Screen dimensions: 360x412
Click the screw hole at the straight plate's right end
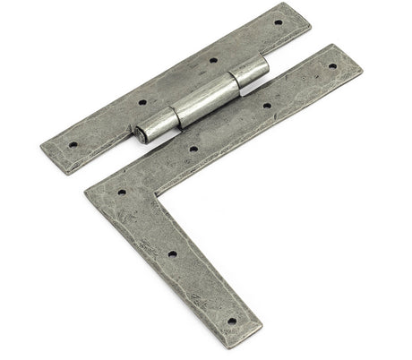[278, 22]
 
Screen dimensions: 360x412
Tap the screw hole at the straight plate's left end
[73, 142]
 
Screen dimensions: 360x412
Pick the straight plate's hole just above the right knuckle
[213, 61]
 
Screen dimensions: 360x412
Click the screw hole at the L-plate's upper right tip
[332, 65]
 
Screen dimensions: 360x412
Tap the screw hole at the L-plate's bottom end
[231, 320]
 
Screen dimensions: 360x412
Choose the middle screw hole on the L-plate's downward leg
[172, 253]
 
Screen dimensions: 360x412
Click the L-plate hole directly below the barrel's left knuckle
[193, 149]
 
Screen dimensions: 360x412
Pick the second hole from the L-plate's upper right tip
[266, 106]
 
